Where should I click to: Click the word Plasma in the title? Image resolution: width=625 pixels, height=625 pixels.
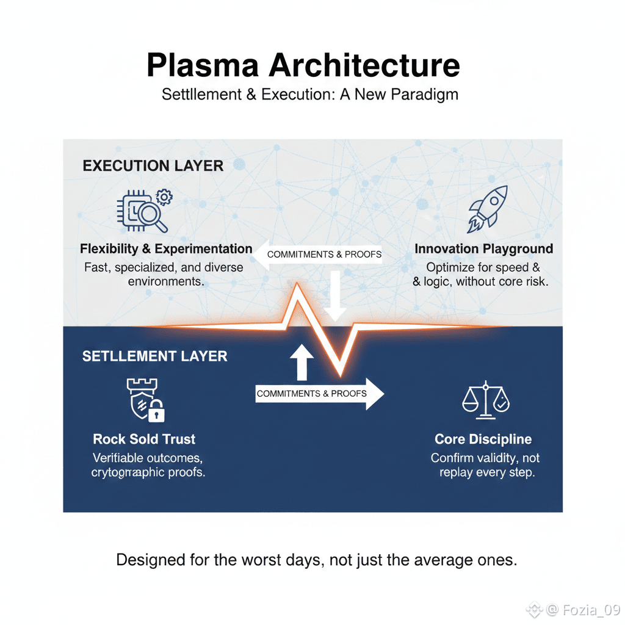point(201,65)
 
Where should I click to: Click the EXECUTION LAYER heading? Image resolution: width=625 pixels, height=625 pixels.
point(153,165)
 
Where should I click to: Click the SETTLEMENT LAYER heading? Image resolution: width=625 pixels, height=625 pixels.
point(154,356)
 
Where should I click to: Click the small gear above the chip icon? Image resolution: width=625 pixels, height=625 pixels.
point(164,197)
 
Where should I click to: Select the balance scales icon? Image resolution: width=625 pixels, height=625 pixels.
point(486,400)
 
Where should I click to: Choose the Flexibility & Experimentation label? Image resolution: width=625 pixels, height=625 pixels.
point(166,249)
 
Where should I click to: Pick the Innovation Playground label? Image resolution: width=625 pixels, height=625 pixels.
point(483,249)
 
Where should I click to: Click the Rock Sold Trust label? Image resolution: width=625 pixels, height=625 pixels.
point(144,439)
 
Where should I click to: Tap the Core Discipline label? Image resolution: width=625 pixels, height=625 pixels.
point(483,439)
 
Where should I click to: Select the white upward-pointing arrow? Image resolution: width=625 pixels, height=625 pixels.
point(302,363)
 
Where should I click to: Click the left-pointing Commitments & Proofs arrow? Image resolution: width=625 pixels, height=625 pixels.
point(317,254)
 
